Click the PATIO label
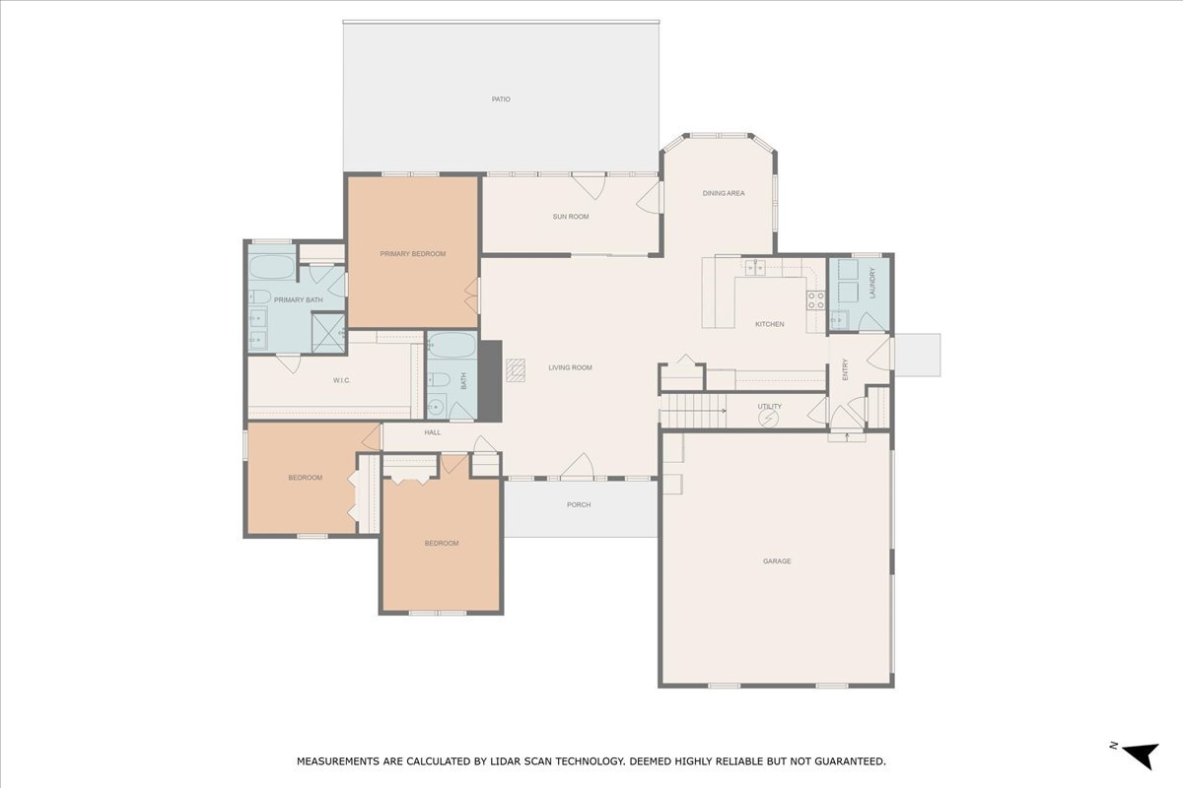(x=501, y=99)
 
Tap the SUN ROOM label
(x=570, y=217)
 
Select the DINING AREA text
(x=723, y=194)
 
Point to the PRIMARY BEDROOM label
(x=412, y=254)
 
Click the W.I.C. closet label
(x=342, y=380)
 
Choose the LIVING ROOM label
(x=570, y=368)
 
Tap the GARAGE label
(x=776, y=561)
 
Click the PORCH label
(x=579, y=505)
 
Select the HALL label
(x=432, y=432)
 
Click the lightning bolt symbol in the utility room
(x=769, y=418)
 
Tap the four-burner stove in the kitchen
(x=815, y=300)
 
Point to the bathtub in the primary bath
(x=271, y=267)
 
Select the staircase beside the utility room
(x=691, y=409)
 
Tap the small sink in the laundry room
(x=839, y=318)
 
